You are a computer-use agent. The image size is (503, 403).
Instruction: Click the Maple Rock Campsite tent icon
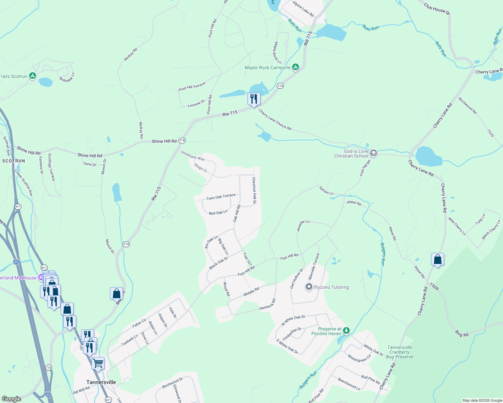(x=295, y=67)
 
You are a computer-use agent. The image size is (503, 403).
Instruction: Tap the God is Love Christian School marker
(x=373, y=153)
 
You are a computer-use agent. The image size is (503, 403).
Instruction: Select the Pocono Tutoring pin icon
(x=309, y=287)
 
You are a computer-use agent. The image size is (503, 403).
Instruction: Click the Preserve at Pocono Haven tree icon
(x=346, y=331)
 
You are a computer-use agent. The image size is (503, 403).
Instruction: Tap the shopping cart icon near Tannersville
(x=98, y=363)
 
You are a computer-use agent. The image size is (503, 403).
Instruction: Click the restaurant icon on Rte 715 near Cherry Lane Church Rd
(x=254, y=99)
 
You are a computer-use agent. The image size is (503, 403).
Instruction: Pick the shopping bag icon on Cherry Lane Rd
(x=437, y=260)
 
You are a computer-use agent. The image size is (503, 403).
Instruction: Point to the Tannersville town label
(x=101, y=382)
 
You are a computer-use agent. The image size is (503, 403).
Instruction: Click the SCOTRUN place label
(x=14, y=161)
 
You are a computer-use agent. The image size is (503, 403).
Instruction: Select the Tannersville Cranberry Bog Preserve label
(x=399, y=352)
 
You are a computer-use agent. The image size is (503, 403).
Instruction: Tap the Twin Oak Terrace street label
(x=221, y=197)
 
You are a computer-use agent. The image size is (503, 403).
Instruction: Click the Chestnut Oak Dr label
(x=255, y=190)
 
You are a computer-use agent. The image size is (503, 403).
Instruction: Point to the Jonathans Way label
(x=192, y=155)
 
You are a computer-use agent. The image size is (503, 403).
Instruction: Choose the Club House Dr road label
(x=436, y=9)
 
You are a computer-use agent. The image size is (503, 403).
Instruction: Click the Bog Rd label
(x=462, y=333)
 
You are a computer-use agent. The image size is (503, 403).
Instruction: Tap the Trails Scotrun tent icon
(x=33, y=76)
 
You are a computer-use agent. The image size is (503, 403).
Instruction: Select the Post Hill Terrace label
(x=192, y=87)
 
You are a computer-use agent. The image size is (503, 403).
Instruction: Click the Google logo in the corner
(x=11, y=399)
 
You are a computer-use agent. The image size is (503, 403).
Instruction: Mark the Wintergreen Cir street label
(x=359, y=358)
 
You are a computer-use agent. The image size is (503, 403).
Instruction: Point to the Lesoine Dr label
(x=196, y=103)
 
